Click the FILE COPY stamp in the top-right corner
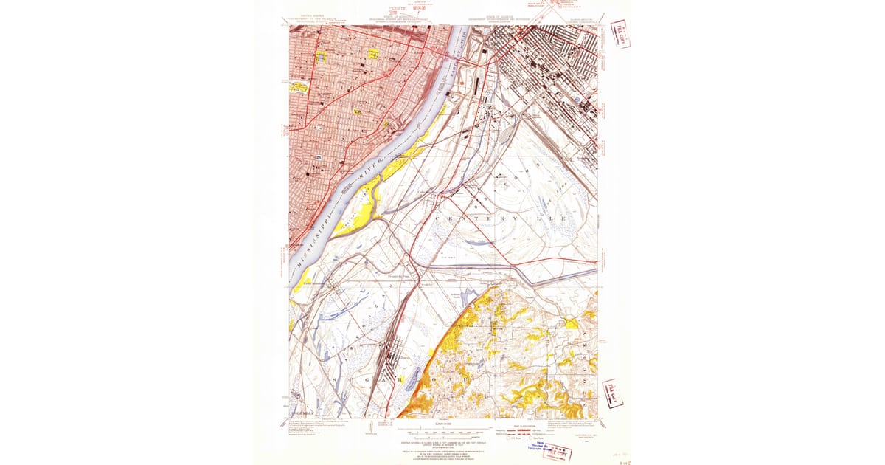tap(621, 34)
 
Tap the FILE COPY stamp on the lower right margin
tap(612, 392)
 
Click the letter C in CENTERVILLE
tap(437, 219)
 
